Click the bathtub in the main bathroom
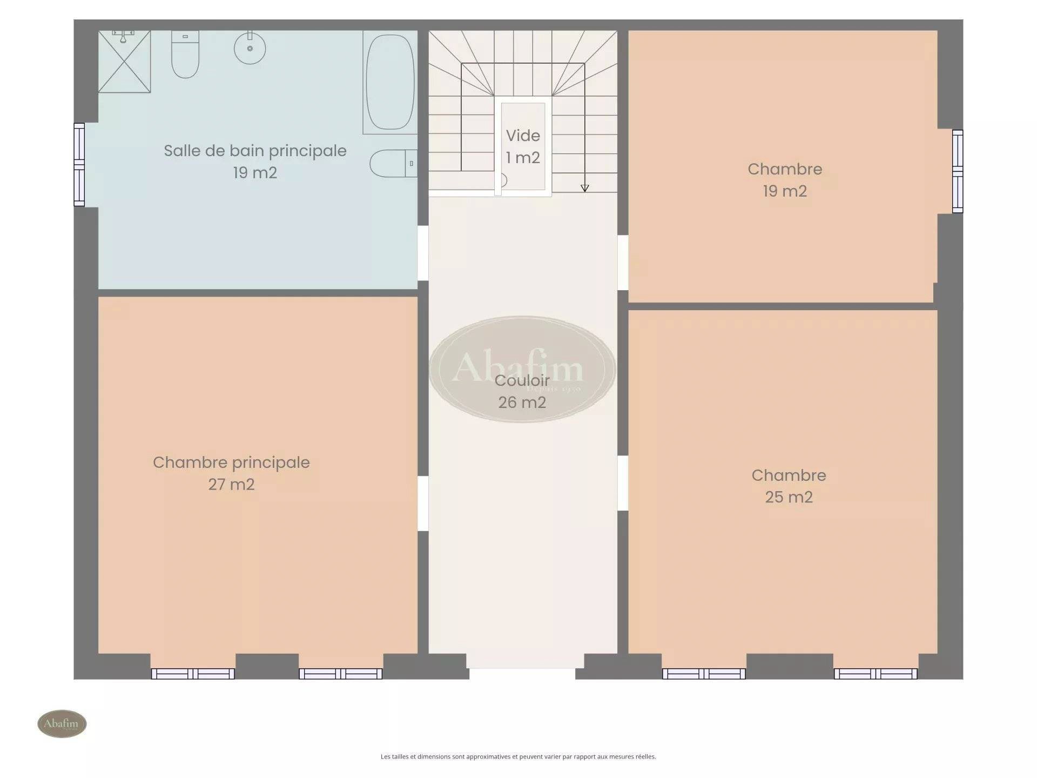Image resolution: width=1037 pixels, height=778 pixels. tap(390, 82)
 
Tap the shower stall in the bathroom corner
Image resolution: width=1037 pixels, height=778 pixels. tap(124, 62)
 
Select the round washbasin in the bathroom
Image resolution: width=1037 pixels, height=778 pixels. tap(250, 48)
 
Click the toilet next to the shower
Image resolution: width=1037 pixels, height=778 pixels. tap(185, 54)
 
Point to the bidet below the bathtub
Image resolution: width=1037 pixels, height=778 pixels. tap(393, 163)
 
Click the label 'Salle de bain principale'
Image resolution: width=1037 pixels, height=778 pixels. tap(255, 151)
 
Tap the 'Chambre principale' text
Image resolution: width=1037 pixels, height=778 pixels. tap(231, 462)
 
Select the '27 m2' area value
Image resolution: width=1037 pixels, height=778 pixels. tap(231, 485)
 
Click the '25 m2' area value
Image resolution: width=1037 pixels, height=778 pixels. tap(789, 497)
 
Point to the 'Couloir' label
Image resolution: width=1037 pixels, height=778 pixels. tap(522, 380)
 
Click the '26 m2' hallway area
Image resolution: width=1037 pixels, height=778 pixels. tap(522, 403)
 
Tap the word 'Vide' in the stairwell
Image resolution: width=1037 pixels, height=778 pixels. tap(523, 136)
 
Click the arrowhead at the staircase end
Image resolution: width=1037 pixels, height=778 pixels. tap(584, 188)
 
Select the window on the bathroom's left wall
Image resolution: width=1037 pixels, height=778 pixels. tap(79, 165)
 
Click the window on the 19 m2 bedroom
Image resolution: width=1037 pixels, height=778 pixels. tap(957, 171)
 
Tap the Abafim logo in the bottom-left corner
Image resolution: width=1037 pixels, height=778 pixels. tap(62, 723)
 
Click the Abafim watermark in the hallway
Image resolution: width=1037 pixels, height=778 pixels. tap(522, 369)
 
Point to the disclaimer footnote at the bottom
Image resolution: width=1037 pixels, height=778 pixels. tap(518, 756)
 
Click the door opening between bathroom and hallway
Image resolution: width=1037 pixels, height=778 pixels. tap(423, 253)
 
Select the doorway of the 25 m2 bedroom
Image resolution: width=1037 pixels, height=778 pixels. tap(623, 483)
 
